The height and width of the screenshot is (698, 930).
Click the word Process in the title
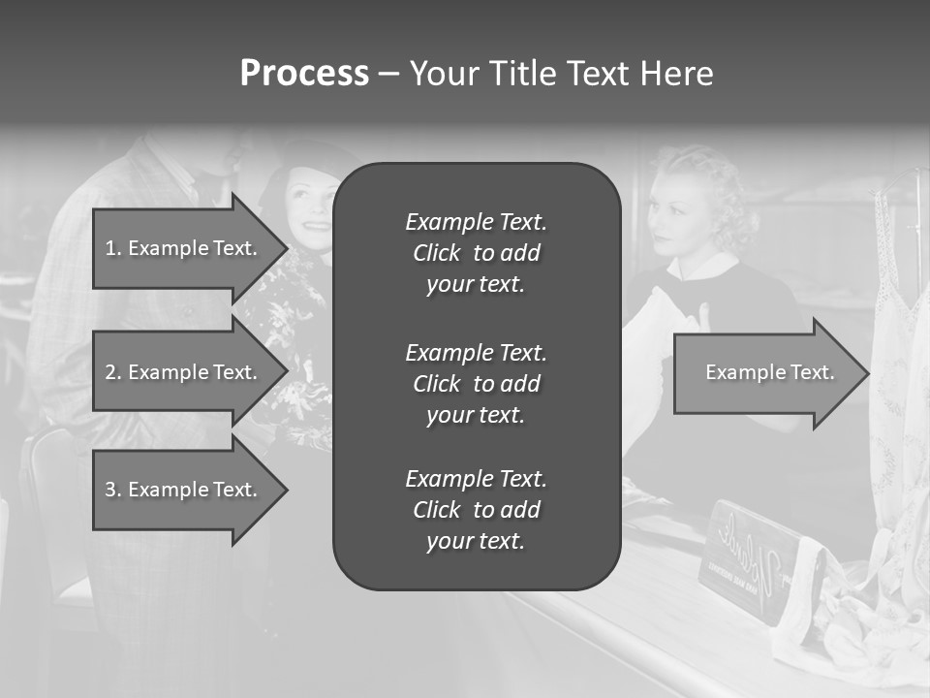304,74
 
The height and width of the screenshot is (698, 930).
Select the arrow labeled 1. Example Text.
184,248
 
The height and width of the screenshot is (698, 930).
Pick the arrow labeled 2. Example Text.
184,372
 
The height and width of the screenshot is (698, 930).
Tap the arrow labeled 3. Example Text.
184,490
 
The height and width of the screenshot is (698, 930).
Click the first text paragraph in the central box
476,253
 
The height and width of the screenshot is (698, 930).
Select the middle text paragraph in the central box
476,383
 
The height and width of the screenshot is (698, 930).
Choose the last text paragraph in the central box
476,510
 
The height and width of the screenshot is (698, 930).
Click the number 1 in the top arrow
110,248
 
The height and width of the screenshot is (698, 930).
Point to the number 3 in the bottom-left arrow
110,490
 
